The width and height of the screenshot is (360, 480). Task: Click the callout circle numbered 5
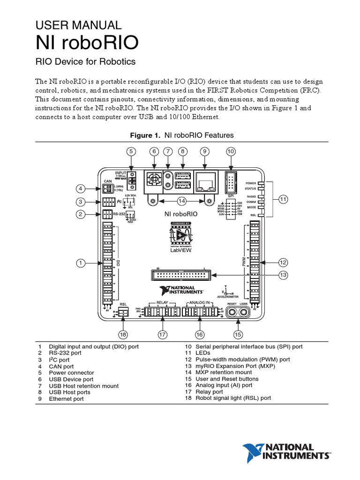tap(131, 151)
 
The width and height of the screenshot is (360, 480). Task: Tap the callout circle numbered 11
tap(283, 199)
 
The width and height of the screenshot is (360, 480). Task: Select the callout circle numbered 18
tap(123, 334)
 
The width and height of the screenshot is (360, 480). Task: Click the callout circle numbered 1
tap(81, 263)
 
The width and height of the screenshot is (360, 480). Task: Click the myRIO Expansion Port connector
tap(181, 275)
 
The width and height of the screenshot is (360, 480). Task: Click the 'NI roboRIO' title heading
tap(87, 43)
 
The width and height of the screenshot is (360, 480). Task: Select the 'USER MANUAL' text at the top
tap(79, 25)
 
